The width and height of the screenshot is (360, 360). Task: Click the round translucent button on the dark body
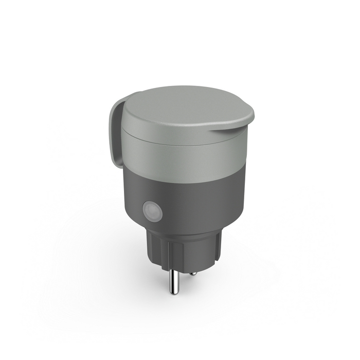(152, 211)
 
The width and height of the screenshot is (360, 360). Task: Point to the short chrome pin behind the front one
(192, 273)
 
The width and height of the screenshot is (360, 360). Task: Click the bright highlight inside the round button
(150, 209)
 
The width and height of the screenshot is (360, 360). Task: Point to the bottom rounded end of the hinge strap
(114, 157)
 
